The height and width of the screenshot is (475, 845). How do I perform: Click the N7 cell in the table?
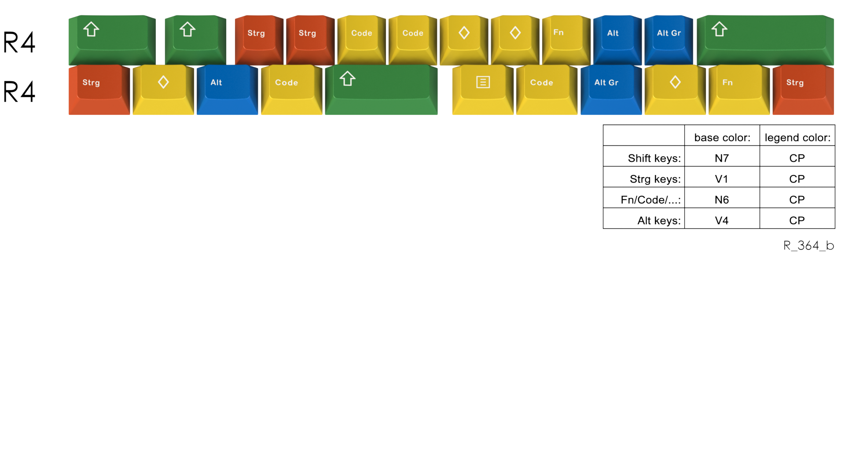(722, 158)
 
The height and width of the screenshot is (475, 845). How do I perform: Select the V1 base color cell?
(722, 179)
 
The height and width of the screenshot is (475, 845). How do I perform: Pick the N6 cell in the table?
(722, 200)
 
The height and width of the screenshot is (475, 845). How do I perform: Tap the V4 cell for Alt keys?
(722, 220)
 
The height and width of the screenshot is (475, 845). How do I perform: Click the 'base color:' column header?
(722, 138)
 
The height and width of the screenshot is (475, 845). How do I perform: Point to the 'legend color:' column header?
(797, 138)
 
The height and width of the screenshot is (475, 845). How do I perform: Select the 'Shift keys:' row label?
(654, 158)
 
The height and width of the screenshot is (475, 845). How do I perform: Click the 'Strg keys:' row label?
(655, 179)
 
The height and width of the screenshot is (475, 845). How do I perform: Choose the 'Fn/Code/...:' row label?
(650, 200)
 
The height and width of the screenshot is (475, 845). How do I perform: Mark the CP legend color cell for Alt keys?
(797, 220)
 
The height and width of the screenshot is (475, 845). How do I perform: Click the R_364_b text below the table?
(808, 245)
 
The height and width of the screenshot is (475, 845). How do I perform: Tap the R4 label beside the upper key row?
(19, 43)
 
